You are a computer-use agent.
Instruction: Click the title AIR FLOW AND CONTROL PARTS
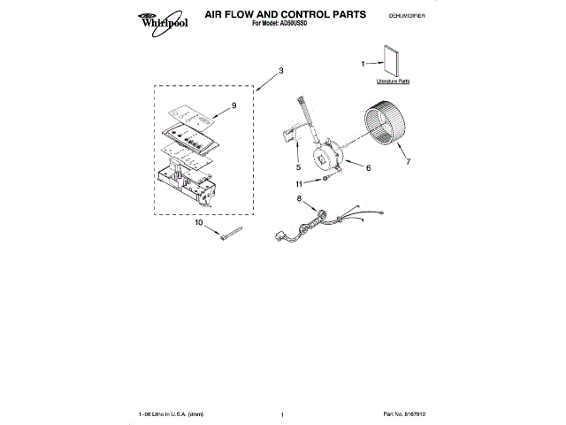[272, 15]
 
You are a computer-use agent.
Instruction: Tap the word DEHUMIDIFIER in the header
[408, 17]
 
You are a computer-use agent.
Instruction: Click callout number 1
[363, 63]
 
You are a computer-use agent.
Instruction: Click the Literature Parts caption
[394, 81]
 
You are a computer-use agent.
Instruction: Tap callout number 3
[280, 70]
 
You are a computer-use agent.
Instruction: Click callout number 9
[233, 105]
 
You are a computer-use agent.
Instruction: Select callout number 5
[298, 167]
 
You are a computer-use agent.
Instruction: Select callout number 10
[199, 224]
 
